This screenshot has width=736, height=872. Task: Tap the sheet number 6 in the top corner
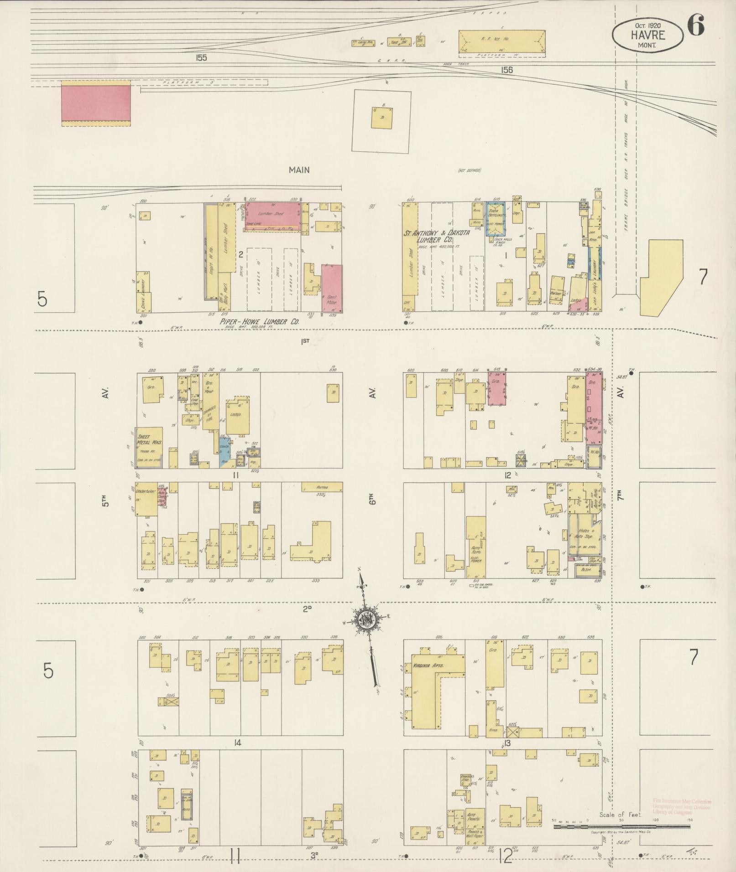695,25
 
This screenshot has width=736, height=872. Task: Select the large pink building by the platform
96,103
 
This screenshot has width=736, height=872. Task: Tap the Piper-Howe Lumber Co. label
259,321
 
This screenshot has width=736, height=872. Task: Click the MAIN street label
299,170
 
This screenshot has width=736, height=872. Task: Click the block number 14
237,743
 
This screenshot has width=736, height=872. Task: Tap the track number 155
201,58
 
